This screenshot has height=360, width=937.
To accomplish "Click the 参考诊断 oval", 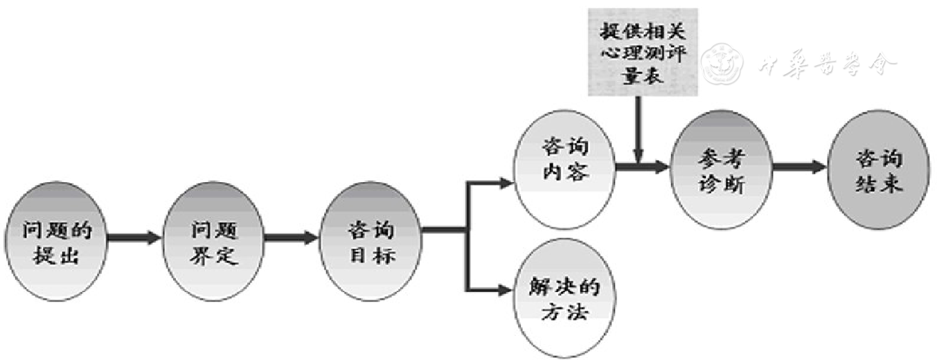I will [x=721, y=170].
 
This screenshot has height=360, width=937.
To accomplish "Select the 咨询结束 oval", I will [x=878, y=170].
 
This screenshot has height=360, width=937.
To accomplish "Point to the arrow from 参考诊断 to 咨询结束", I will [x=799, y=167].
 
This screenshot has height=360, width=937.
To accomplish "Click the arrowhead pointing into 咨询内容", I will [x=506, y=183].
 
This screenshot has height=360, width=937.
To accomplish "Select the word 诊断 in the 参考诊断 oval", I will [x=721, y=186].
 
